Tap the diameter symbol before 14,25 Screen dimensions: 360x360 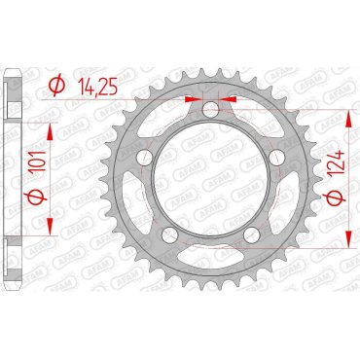[x=55, y=87]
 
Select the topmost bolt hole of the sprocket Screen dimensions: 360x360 [x=210, y=110]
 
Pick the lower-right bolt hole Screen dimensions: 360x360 [x=252, y=235]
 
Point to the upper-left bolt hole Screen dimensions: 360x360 [x=143, y=158]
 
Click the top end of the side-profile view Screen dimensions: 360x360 [x=13, y=72]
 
